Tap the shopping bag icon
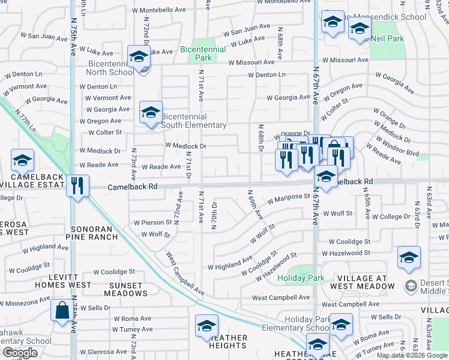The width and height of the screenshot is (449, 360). coord(62,311)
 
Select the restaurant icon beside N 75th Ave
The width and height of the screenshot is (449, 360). coord(77,186)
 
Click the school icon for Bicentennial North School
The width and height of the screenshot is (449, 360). coord(139,57)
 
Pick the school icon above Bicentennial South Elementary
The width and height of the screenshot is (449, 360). coord(151,112)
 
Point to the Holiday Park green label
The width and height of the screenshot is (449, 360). coord(301,278)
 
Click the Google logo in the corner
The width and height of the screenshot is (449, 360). coord(20,353)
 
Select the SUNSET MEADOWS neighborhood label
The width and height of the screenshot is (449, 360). coord(125,289)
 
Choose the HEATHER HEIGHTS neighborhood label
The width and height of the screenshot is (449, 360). coord(228,341)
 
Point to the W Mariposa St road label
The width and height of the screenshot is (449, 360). coord(289,196)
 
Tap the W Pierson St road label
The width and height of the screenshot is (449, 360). coord(153,222)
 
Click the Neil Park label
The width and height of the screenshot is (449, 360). coord(387,38)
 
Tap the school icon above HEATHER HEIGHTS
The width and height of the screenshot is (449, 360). coord(206,326)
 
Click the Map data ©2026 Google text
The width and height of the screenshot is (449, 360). coord(412,355)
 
